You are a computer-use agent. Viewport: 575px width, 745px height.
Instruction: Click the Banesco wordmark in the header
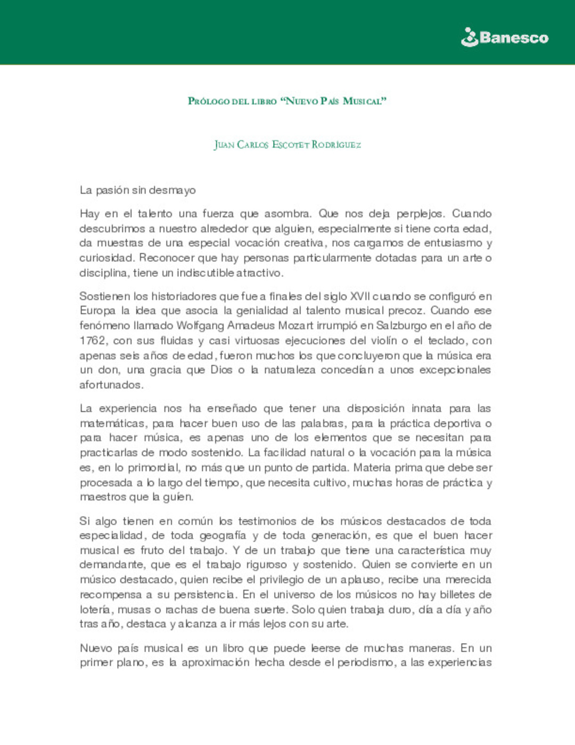click(513, 38)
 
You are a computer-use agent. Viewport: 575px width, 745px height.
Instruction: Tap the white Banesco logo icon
click(469, 37)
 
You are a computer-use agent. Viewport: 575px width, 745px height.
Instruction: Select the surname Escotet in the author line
click(290, 144)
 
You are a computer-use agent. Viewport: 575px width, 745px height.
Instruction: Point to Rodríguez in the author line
click(336, 144)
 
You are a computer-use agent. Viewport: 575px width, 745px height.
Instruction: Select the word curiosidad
click(106, 258)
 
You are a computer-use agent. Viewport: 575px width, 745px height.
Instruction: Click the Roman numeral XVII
click(359, 296)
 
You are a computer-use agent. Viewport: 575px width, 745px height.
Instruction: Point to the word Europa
click(97, 311)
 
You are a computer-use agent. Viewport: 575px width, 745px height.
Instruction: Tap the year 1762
click(93, 341)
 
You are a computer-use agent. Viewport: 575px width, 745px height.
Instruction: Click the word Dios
click(221, 370)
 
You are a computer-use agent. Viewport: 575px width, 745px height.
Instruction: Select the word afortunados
click(111, 385)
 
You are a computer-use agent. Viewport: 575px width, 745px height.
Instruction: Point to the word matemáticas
click(112, 424)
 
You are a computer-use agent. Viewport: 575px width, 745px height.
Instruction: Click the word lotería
click(96, 609)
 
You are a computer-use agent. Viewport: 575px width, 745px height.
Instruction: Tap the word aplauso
click(363, 579)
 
